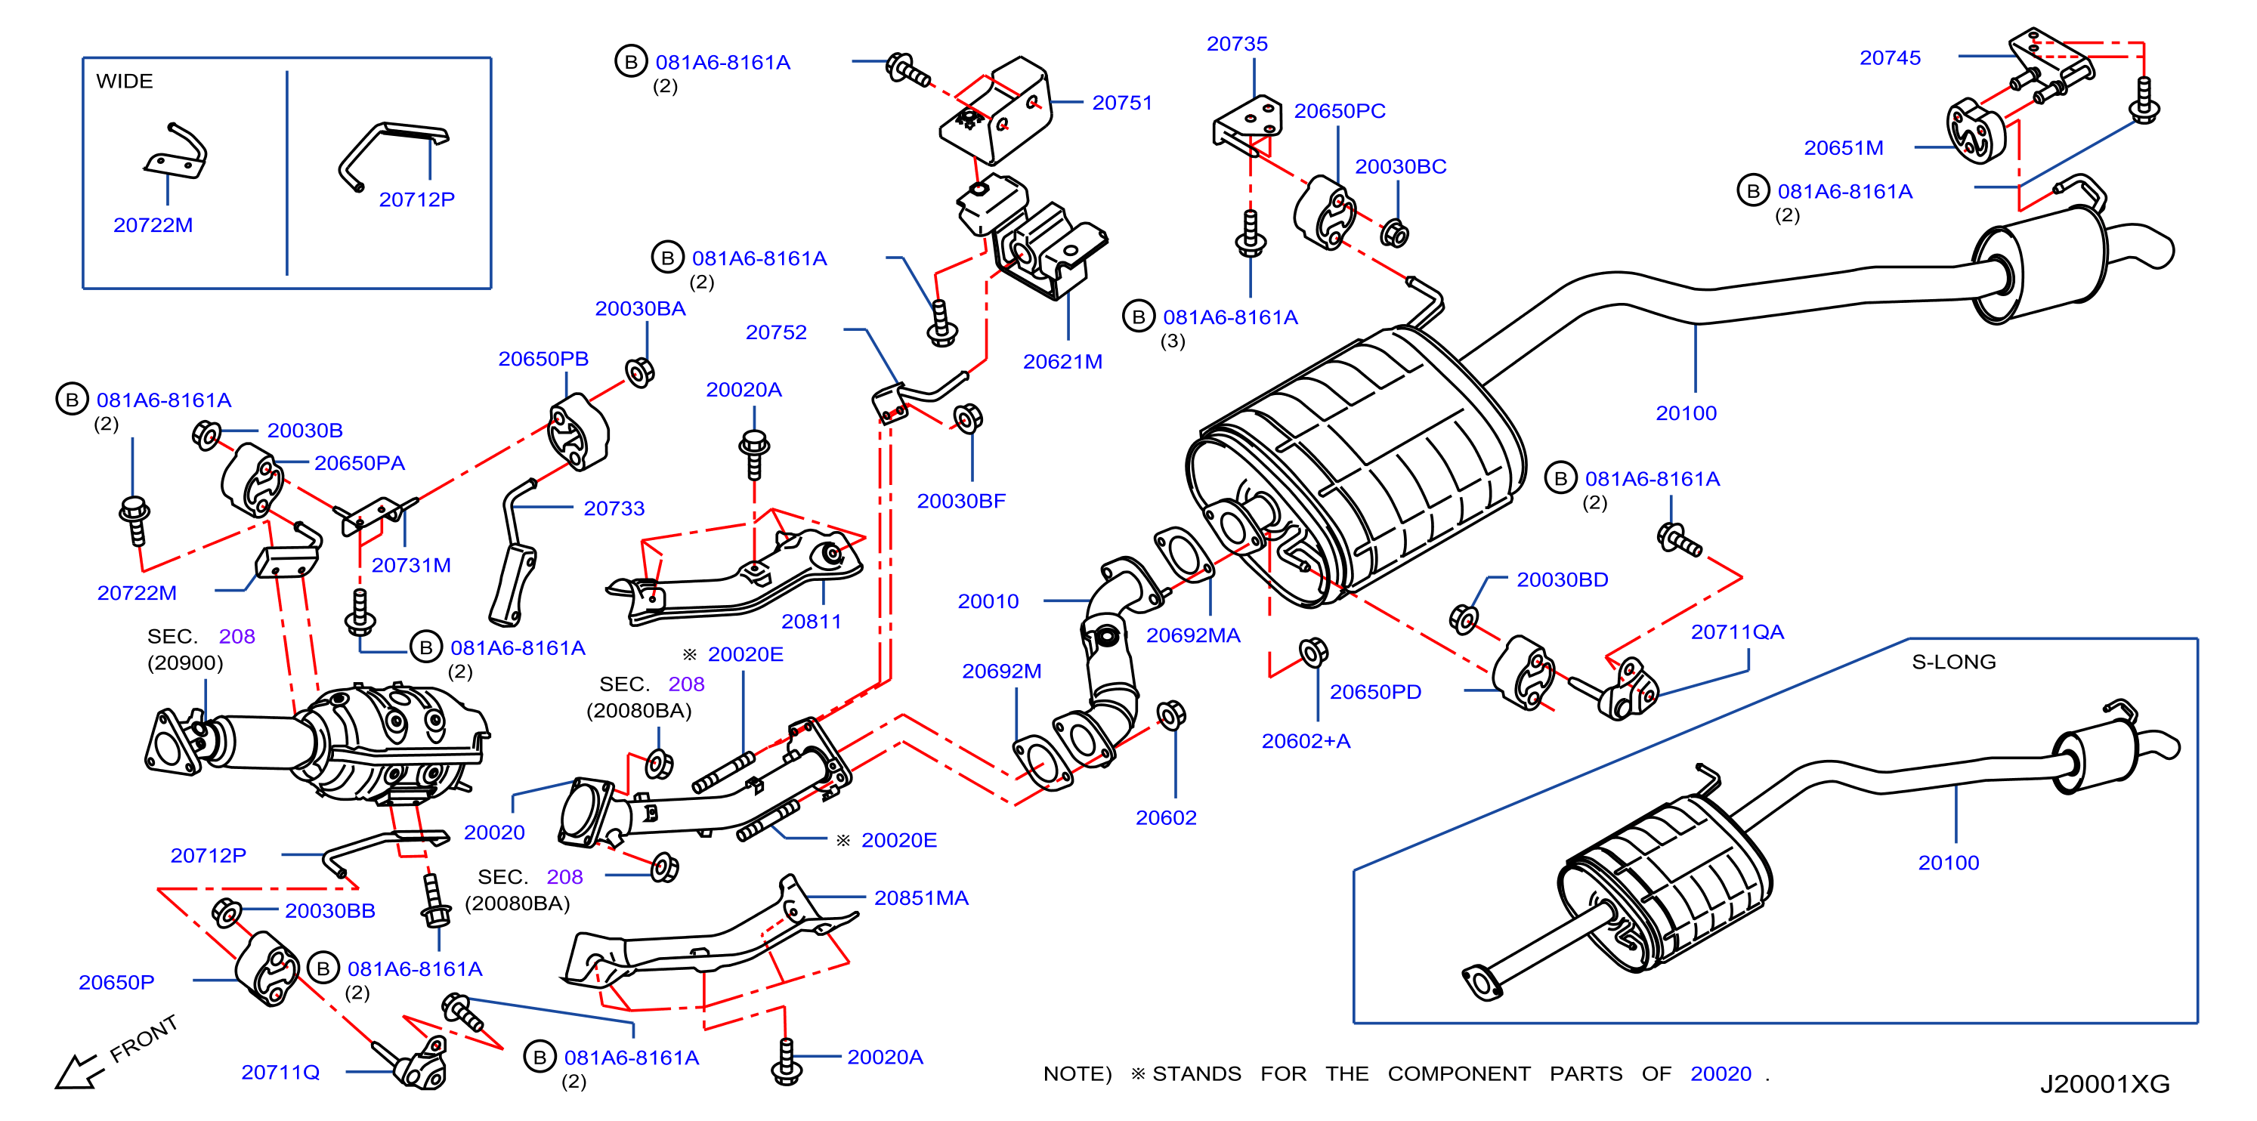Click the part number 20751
coord(1121,103)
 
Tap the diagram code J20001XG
coord(2104,1084)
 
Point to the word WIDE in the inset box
coord(125,82)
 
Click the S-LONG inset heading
coord(1953,662)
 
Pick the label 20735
coord(1236,44)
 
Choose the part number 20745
coord(1890,58)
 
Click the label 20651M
coord(1844,148)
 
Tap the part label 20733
coord(614,509)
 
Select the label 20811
coord(811,622)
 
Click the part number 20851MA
coord(921,899)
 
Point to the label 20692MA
coord(1192,636)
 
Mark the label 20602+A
coord(1306,742)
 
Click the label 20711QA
coord(1736,632)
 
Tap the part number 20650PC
coord(1340,111)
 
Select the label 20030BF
coord(961,502)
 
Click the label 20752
coord(775,333)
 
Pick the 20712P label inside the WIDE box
coord(416,199)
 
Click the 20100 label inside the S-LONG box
coord(1948,863)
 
